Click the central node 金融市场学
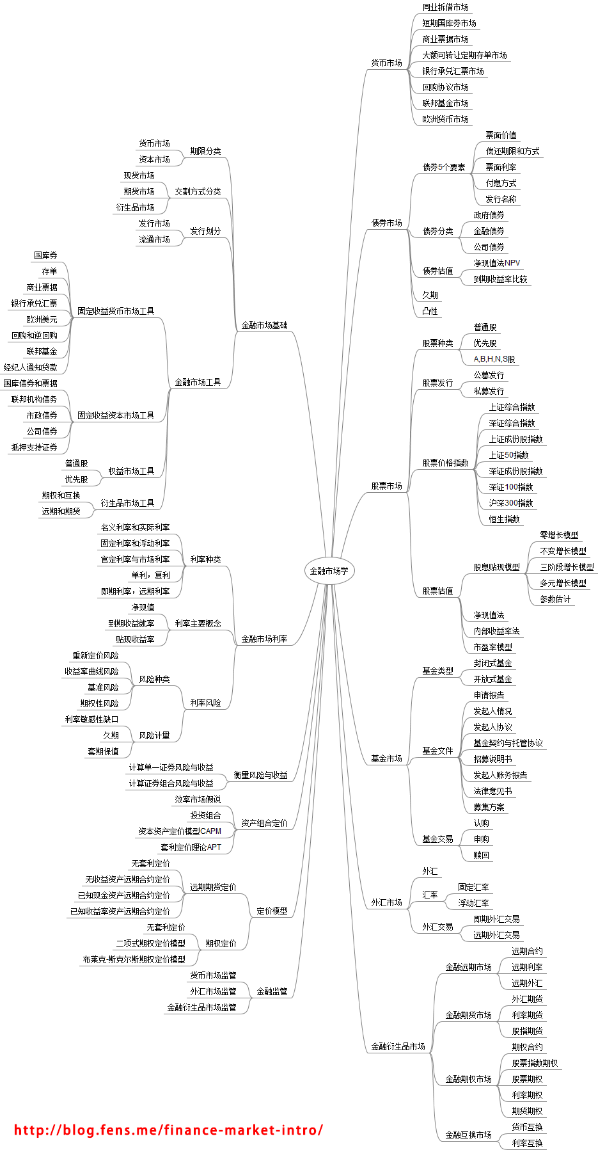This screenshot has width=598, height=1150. click(329, 571)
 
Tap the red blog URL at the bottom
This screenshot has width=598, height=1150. click(168, 1130)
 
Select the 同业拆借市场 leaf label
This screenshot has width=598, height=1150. click(445, 7)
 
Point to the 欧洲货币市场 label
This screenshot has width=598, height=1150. click(445, 119)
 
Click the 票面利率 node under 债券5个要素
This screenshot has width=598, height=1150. click(501, 167)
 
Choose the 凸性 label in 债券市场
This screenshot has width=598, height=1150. click(430, 311)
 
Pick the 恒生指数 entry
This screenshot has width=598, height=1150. click(504, 519)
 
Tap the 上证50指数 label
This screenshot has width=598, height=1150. click(508, 455)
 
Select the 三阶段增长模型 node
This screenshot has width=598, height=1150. click(567, 567)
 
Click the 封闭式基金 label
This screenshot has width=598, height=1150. click(492, 663)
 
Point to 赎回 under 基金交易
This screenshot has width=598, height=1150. click(481, 855)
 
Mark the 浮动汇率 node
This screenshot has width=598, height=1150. click(473, 903)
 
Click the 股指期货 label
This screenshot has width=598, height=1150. click(527, 1031)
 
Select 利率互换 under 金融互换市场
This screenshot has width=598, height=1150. click(527, 1143)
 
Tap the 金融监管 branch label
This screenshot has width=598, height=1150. click(272, 991)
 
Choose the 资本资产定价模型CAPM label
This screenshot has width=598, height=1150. click(180, 831)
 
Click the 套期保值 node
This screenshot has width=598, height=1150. click(103, 751)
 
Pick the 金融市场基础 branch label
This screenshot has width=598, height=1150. click(264, 325)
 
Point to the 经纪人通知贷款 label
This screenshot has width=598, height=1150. click(30, 367)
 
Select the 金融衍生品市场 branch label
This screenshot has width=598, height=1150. click(398, 1046)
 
